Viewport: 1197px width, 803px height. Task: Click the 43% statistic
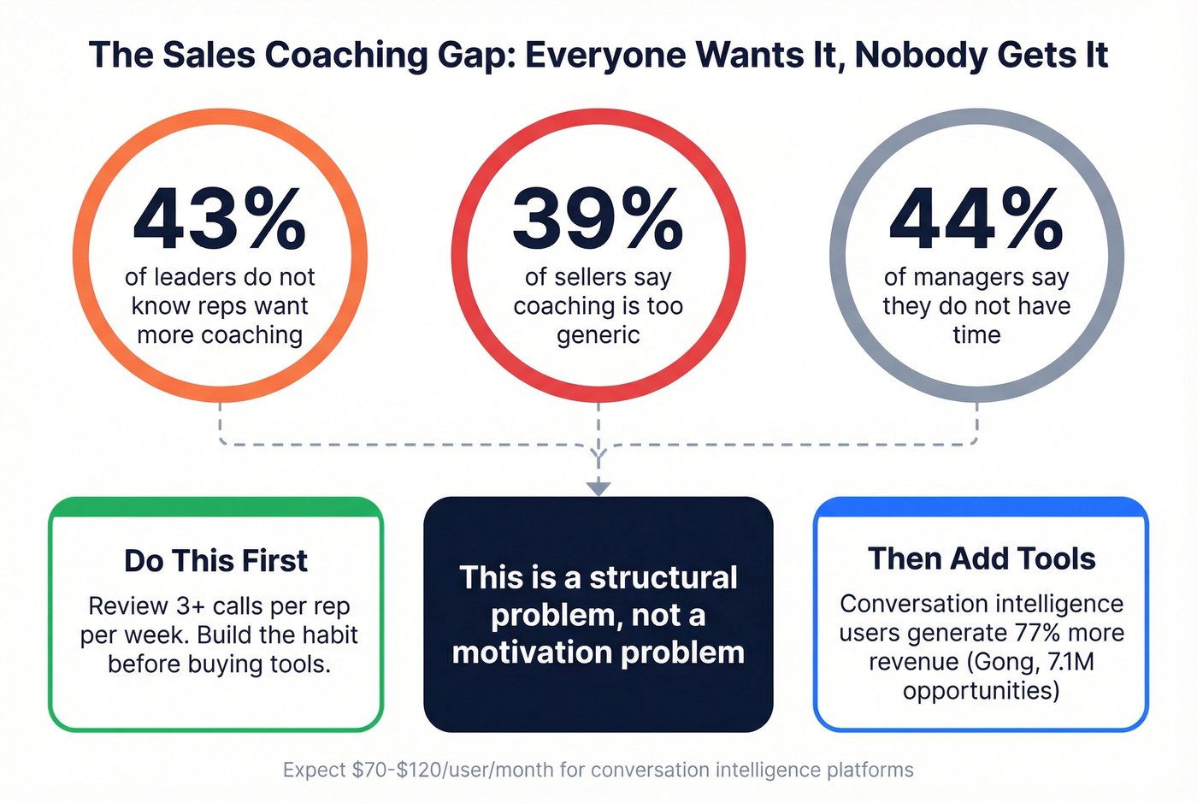[x=220, y=218]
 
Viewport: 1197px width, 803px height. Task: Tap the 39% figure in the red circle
[x=598, y=218]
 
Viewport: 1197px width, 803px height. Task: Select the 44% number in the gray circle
[x=976, y=218]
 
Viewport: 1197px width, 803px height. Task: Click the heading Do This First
[x=215, y=561]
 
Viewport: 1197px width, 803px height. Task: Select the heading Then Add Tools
[x=982, y=558]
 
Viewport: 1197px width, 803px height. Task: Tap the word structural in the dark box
[x=663, y=577]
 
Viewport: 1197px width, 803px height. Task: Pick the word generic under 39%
[x=598, y=335]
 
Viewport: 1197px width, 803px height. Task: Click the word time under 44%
[x=976, y=335]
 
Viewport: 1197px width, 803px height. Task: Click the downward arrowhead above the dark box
[x=598, y=488]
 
